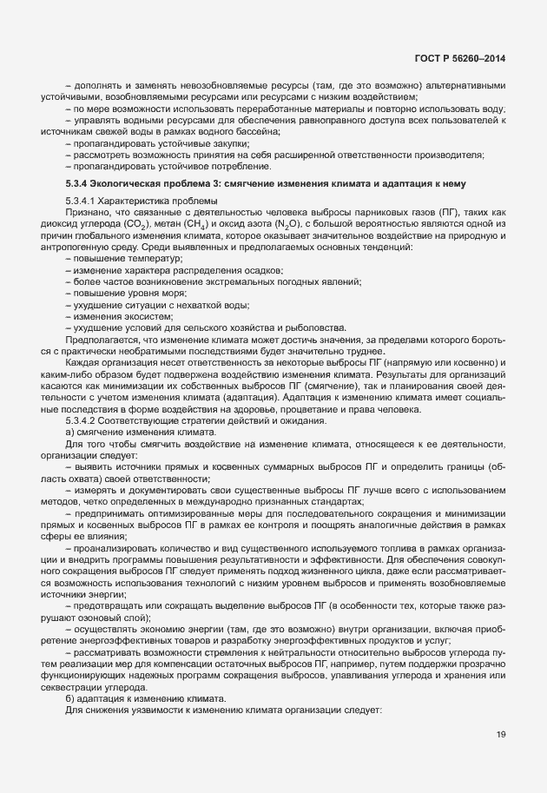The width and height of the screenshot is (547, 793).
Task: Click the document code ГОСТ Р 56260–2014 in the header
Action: (459, 58)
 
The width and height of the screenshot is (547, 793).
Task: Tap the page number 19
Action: (501, 736)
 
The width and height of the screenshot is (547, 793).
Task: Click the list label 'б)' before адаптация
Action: (70, 698)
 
